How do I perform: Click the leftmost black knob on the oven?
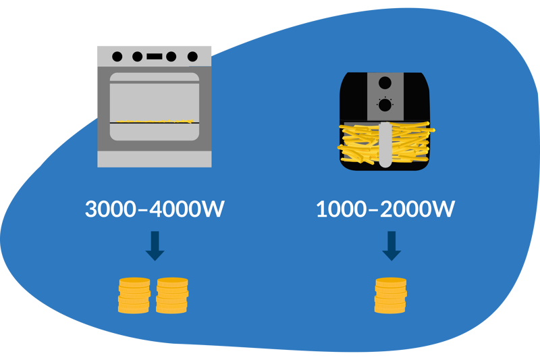pos(117,57)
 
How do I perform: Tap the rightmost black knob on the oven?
pos(192,57)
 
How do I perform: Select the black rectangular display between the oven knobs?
pos(155,57)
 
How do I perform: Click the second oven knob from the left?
pos(138,57)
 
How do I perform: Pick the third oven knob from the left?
pos(172,57)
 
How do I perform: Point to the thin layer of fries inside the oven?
pos(155,122)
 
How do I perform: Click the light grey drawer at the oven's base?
pos(155,159)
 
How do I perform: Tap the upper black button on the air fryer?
pos(385,84)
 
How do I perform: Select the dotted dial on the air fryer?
pos(385,105)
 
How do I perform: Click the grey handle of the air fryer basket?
pos(384,143)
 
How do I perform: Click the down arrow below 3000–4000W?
pos(155,246)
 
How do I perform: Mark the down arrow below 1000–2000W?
pos(391,246)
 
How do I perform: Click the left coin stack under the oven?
pos(134,295)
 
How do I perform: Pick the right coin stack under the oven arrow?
pos(172,295)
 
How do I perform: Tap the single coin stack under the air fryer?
pos(391,295)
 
